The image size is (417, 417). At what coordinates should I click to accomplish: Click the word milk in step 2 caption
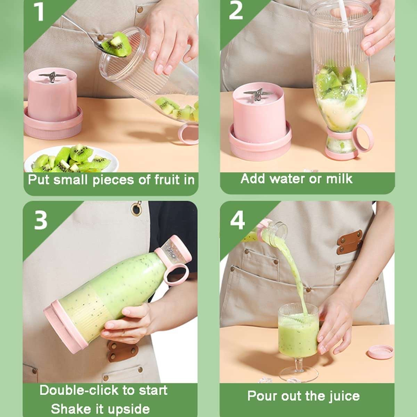[339, 179]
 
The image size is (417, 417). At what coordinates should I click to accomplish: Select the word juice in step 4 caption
[344, 396]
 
